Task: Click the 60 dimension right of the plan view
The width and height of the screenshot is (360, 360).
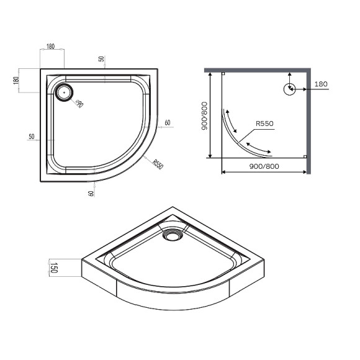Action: [x=167, y=123]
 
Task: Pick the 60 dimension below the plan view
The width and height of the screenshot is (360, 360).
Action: [x=91, y=194]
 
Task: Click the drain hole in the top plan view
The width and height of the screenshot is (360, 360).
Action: [x=64, y=92]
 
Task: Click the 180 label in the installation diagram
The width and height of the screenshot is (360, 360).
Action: [x=320, y=84]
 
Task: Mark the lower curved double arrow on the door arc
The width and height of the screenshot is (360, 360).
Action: [x=257, y=149]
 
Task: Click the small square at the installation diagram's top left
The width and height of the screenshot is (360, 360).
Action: [x=223, y=73]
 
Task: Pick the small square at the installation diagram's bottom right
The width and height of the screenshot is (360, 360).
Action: [x=304, y=156]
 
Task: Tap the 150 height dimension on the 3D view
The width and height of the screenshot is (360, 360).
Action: [x=54, y=269]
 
